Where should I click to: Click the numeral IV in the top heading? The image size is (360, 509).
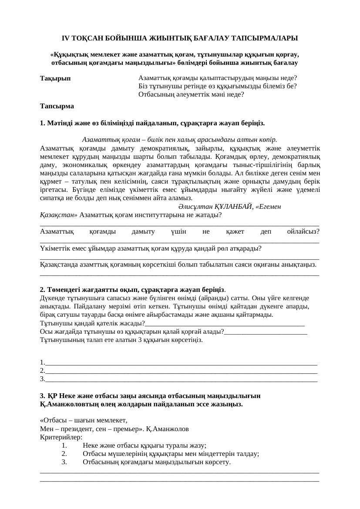[x=66, y=39]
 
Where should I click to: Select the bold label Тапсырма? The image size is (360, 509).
[x=57, y=106]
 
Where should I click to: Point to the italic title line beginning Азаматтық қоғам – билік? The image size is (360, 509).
[x=179, y=140]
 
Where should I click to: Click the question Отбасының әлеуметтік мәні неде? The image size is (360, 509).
[x=191, y=94]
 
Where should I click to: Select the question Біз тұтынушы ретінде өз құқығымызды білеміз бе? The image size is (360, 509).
[x=217, y=86]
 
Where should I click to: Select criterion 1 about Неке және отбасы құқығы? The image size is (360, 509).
[x=144, y=445]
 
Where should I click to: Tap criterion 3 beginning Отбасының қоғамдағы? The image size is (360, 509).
[x=156, y=462]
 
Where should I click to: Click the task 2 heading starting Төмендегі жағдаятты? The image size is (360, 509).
[x=132, y=290]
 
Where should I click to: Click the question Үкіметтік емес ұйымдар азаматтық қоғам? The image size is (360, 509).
[x=151, y=248]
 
